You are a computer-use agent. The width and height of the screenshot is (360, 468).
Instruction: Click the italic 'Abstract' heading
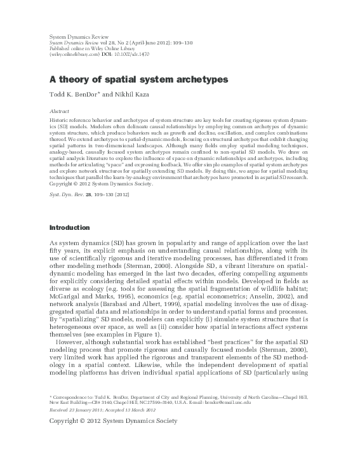click(59, 110)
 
